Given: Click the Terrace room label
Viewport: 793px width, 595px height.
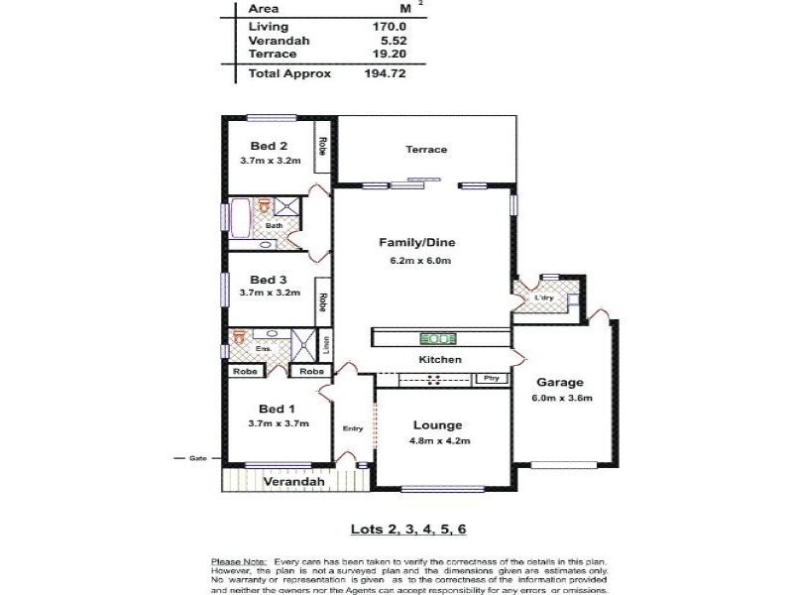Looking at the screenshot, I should (426, 150).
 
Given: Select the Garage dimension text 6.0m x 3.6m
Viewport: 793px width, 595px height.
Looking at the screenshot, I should (561, 399).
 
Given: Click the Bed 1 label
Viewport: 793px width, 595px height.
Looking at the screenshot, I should (277, 409).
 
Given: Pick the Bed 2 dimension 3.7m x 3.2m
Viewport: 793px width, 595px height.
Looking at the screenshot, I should (269, 161).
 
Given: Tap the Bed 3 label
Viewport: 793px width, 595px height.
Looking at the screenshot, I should (268, 280).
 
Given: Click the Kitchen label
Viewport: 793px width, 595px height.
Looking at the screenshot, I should (439, 359).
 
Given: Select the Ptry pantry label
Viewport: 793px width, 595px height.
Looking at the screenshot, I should (490, 379).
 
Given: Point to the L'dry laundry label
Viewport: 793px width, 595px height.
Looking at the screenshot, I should (543, 297).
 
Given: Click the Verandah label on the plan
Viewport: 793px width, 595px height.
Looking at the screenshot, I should (294, 482).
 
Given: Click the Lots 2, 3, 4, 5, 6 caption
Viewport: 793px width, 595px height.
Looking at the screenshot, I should (407, 529).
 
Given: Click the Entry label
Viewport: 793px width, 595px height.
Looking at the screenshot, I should (353, 428).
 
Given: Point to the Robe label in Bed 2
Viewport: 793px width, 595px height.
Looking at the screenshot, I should (323, 145).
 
